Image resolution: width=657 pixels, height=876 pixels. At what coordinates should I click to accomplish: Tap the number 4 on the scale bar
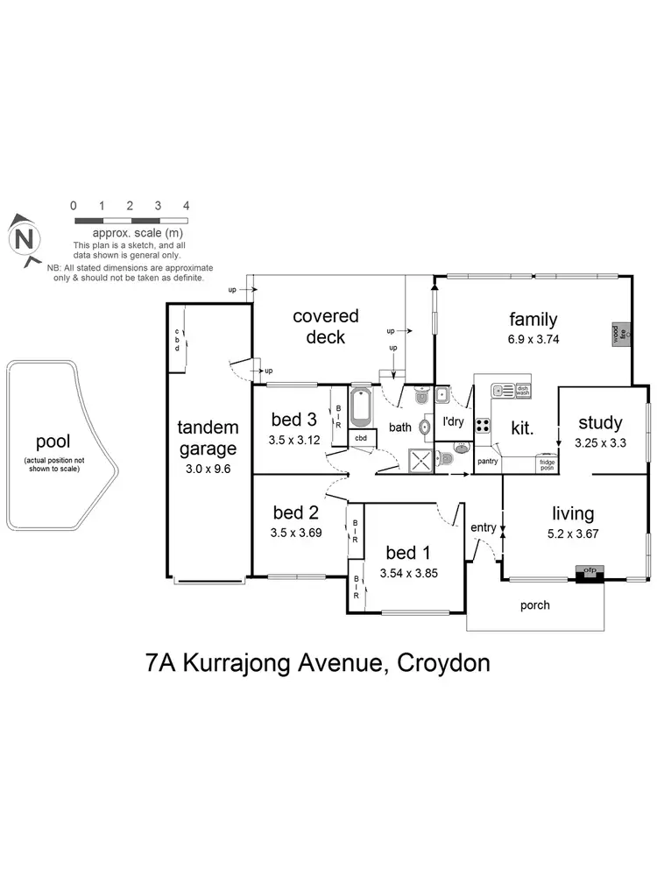click(186, 205)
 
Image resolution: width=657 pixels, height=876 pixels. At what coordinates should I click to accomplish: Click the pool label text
click(53, 442)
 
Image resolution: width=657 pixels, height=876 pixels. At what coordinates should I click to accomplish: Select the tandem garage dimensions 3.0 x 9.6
click(208, 469)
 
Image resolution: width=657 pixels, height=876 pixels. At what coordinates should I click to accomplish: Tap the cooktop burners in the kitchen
click(482, 426)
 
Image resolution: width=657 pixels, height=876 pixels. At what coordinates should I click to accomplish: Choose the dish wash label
click(523, 392)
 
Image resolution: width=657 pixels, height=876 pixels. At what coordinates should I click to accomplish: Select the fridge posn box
click(547, 463)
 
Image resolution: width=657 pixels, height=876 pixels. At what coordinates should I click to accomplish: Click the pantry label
click(487, 459)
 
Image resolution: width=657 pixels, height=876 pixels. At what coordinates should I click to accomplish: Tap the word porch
click(535, 605)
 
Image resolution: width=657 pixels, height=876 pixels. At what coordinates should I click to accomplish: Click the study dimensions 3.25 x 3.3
click(600, 443)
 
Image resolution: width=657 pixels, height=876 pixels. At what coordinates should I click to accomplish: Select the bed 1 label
click(408, 553)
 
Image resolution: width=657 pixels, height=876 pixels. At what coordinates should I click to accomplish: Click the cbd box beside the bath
click(361, 438)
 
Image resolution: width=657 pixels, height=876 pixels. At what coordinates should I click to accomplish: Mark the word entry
click(483, 527)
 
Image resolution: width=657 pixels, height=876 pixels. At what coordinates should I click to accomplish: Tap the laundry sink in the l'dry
click(443, 395)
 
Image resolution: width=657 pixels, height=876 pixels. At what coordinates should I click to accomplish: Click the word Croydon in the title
click(443, 662)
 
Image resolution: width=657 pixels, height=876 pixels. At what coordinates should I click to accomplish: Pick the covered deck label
click(326, 326)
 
